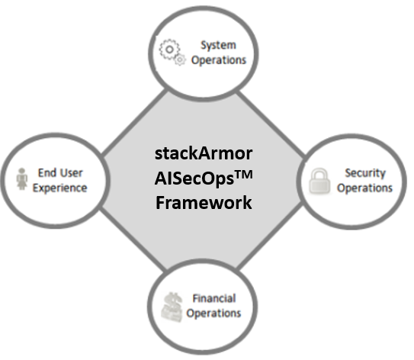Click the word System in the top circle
(218, 46)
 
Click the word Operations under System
(219, 60)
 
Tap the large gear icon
(169, 50)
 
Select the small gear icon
(180, 60)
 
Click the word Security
(365, 174)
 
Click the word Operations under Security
(364, 188)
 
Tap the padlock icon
(319, 182)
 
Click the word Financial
(214, 298)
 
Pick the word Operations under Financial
(213, 313)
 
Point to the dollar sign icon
(172, 307)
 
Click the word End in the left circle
(47, 172)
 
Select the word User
(72, 173)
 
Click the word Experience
(59, 188)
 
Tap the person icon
(22, 178)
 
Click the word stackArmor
(204, 153)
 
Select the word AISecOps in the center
(194, 178)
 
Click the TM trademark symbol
(243, 175)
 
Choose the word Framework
(204, 203)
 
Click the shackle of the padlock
(319, 174)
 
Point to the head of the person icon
(22, 171)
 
